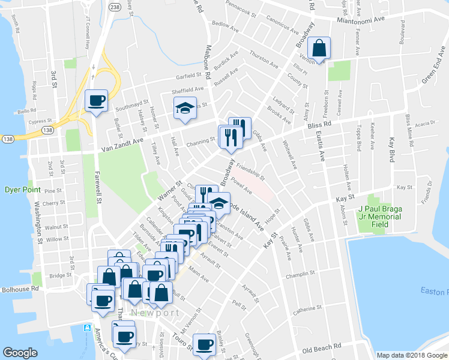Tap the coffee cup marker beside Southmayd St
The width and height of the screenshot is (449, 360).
[96, 100]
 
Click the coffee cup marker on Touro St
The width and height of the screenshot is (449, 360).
[204, 344]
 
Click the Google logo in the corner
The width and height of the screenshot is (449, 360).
[20, 353]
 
